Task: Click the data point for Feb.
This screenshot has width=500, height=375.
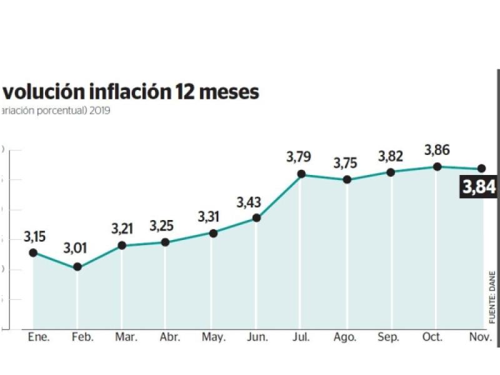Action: click(77, 267)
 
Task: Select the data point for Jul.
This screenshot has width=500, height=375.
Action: click(301, 174)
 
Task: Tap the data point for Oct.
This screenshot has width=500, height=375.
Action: click(437, 167)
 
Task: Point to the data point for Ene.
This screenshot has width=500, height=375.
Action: click(33, 252)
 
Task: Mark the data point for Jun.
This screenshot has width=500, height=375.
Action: click(256, 218)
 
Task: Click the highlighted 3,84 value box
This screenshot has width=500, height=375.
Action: click(479, 187)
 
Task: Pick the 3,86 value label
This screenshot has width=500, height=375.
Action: click(437, 150)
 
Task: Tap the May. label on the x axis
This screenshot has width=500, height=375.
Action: click(214, 337)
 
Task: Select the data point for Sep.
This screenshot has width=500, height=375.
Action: click(391, 172)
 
